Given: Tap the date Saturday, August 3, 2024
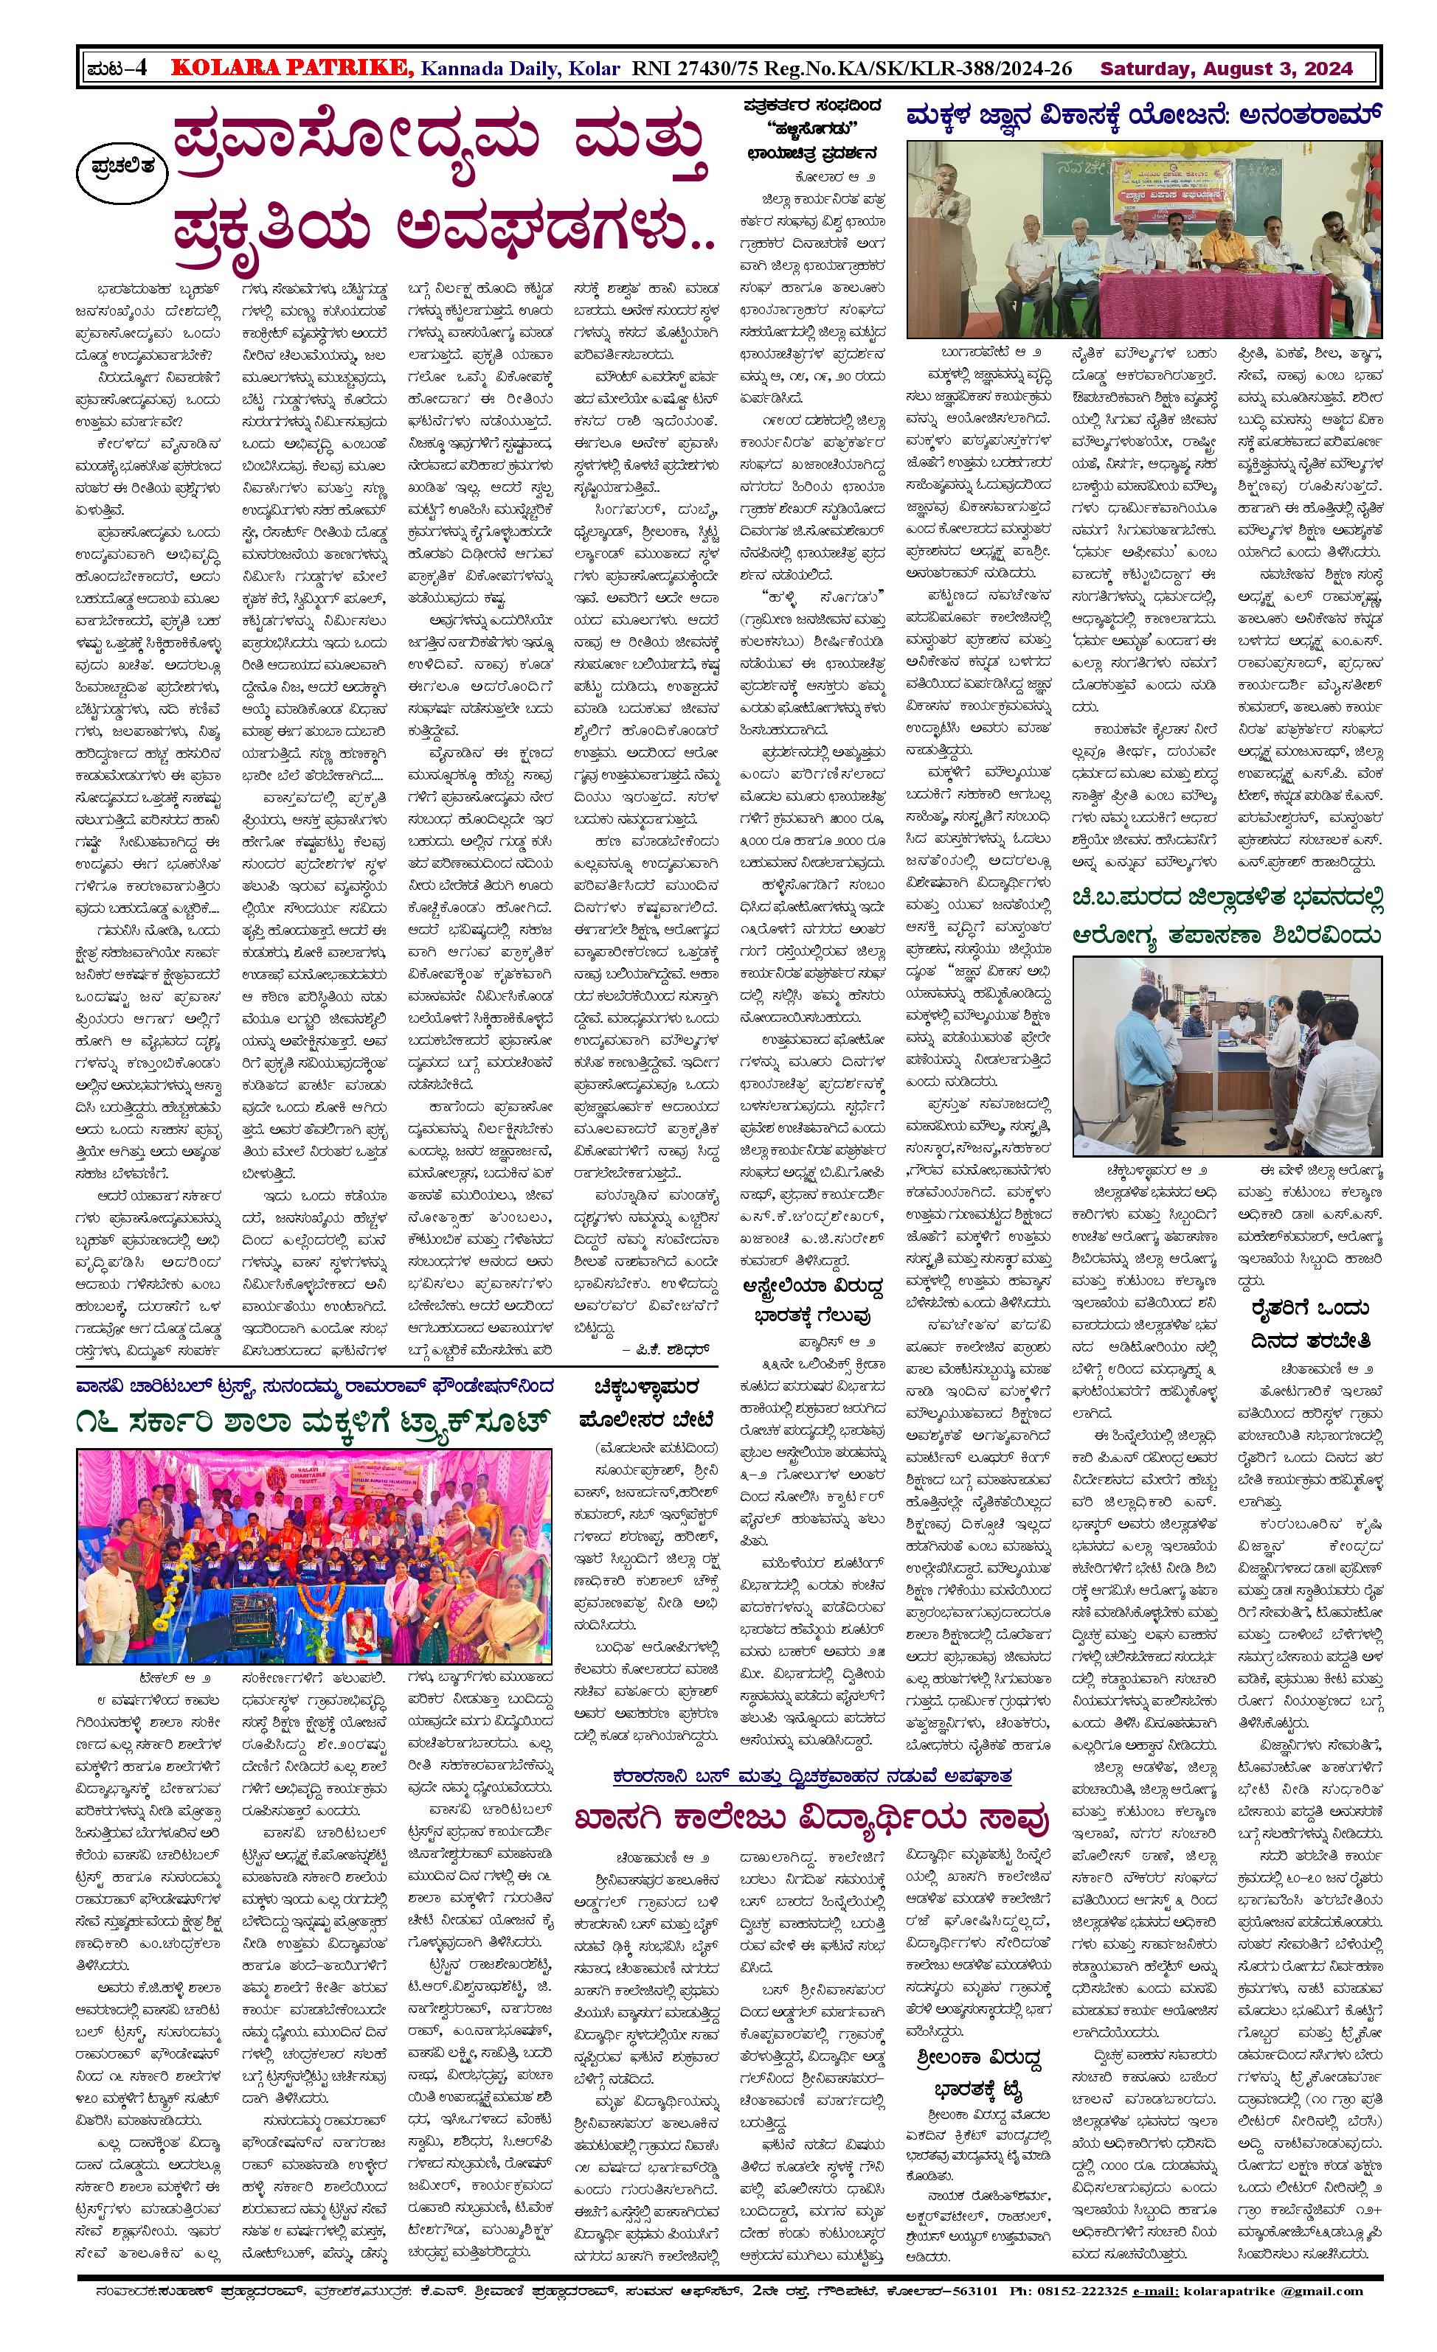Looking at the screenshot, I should point(1226,69).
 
